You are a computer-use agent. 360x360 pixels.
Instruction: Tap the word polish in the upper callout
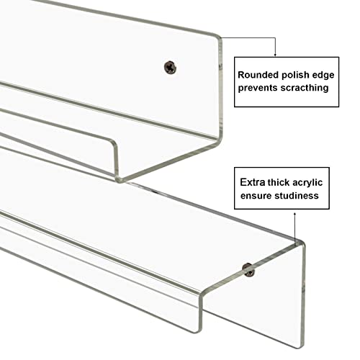tap(304, 74)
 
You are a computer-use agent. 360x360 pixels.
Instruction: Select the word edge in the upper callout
tap(333, 74)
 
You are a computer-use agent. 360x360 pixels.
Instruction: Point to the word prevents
tap(264, 89)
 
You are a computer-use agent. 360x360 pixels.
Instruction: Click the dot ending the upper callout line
tap(276, 55)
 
